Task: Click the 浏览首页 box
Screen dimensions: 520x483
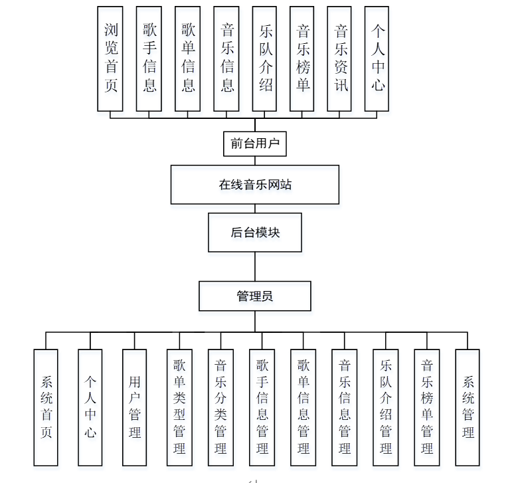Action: pos(110,58)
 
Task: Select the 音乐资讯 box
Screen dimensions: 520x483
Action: pos(340,58)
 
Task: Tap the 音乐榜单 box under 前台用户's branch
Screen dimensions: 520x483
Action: pos(302,58)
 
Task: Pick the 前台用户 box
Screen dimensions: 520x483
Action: pos(255,142)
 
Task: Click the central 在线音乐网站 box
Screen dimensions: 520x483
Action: pos(255,185)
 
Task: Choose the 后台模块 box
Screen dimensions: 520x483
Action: pos(255,233)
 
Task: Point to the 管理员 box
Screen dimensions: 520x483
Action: pos(255,296)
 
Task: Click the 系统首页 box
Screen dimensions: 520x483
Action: pos(46,407)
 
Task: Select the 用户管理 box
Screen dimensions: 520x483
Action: pos(134,407)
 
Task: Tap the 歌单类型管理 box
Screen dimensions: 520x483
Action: pos(179,407)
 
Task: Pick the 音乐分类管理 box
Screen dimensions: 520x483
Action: pos(220,407)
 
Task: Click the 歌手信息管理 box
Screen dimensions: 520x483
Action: pos(262,407)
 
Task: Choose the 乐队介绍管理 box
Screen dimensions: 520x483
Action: pos(386,407)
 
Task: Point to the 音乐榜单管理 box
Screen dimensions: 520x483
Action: pos(427,407)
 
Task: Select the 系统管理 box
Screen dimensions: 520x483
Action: pos(468,407)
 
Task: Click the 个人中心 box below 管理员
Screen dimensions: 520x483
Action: pos(90,407)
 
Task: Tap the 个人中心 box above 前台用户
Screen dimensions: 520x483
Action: pos(377,58)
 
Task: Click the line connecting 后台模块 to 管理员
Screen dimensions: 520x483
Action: pos(255,266)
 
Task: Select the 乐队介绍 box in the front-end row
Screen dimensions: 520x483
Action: pos(264,58)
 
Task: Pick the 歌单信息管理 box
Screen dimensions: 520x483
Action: pos(303,407)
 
